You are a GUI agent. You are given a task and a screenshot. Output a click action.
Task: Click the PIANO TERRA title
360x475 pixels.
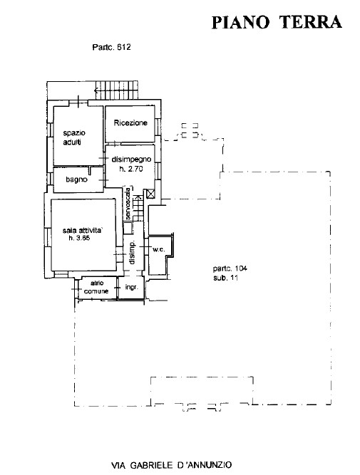pos(277,22)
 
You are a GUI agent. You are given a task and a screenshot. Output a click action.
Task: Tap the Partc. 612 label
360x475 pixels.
pos(111,47)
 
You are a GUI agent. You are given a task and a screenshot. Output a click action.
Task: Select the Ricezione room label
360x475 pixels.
pos(130,122)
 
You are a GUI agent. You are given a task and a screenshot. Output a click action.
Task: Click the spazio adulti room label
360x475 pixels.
pos(74,137)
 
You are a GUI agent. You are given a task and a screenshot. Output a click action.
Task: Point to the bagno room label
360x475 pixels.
pos(76,179)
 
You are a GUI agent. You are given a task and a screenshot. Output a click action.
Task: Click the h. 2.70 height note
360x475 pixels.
pos(130,169)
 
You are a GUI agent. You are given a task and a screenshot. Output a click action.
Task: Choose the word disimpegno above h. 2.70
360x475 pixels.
pos(131,160)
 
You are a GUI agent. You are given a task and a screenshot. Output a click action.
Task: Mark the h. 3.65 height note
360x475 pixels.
pos(79,239)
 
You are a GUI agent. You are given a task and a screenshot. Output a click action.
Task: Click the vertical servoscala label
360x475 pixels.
pos(128,204)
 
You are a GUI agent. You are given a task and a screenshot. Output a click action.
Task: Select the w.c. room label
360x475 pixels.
pos(159,250)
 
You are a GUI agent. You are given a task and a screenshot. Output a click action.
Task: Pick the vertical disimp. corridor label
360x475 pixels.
pos(132,254)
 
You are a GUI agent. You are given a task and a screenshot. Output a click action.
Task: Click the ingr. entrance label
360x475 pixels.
pos(132,287)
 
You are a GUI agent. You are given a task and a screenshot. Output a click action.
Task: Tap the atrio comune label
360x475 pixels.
pos(96,287)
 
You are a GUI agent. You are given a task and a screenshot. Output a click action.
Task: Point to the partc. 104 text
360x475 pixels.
pos(230,268)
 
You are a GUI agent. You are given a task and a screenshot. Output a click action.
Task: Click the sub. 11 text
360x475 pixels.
pos(226,278)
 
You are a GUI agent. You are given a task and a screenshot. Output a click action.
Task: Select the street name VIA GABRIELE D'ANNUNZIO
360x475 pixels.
pos(172,465)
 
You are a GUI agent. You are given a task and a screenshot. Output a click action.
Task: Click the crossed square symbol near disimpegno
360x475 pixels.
pos(150,194)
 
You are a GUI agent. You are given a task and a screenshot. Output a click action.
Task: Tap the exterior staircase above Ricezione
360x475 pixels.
pos(117,90)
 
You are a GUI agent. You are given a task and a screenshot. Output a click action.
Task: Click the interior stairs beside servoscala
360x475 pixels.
pos(138,208)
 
